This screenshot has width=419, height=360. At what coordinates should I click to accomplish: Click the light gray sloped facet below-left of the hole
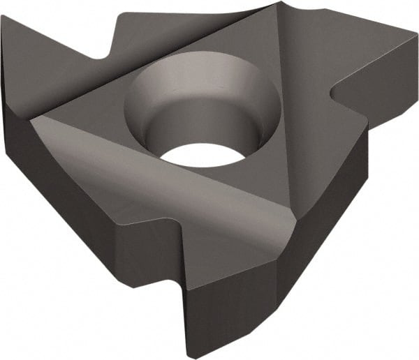pos(161,181)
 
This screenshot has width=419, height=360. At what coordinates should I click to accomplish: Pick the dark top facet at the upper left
pos(56,49)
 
